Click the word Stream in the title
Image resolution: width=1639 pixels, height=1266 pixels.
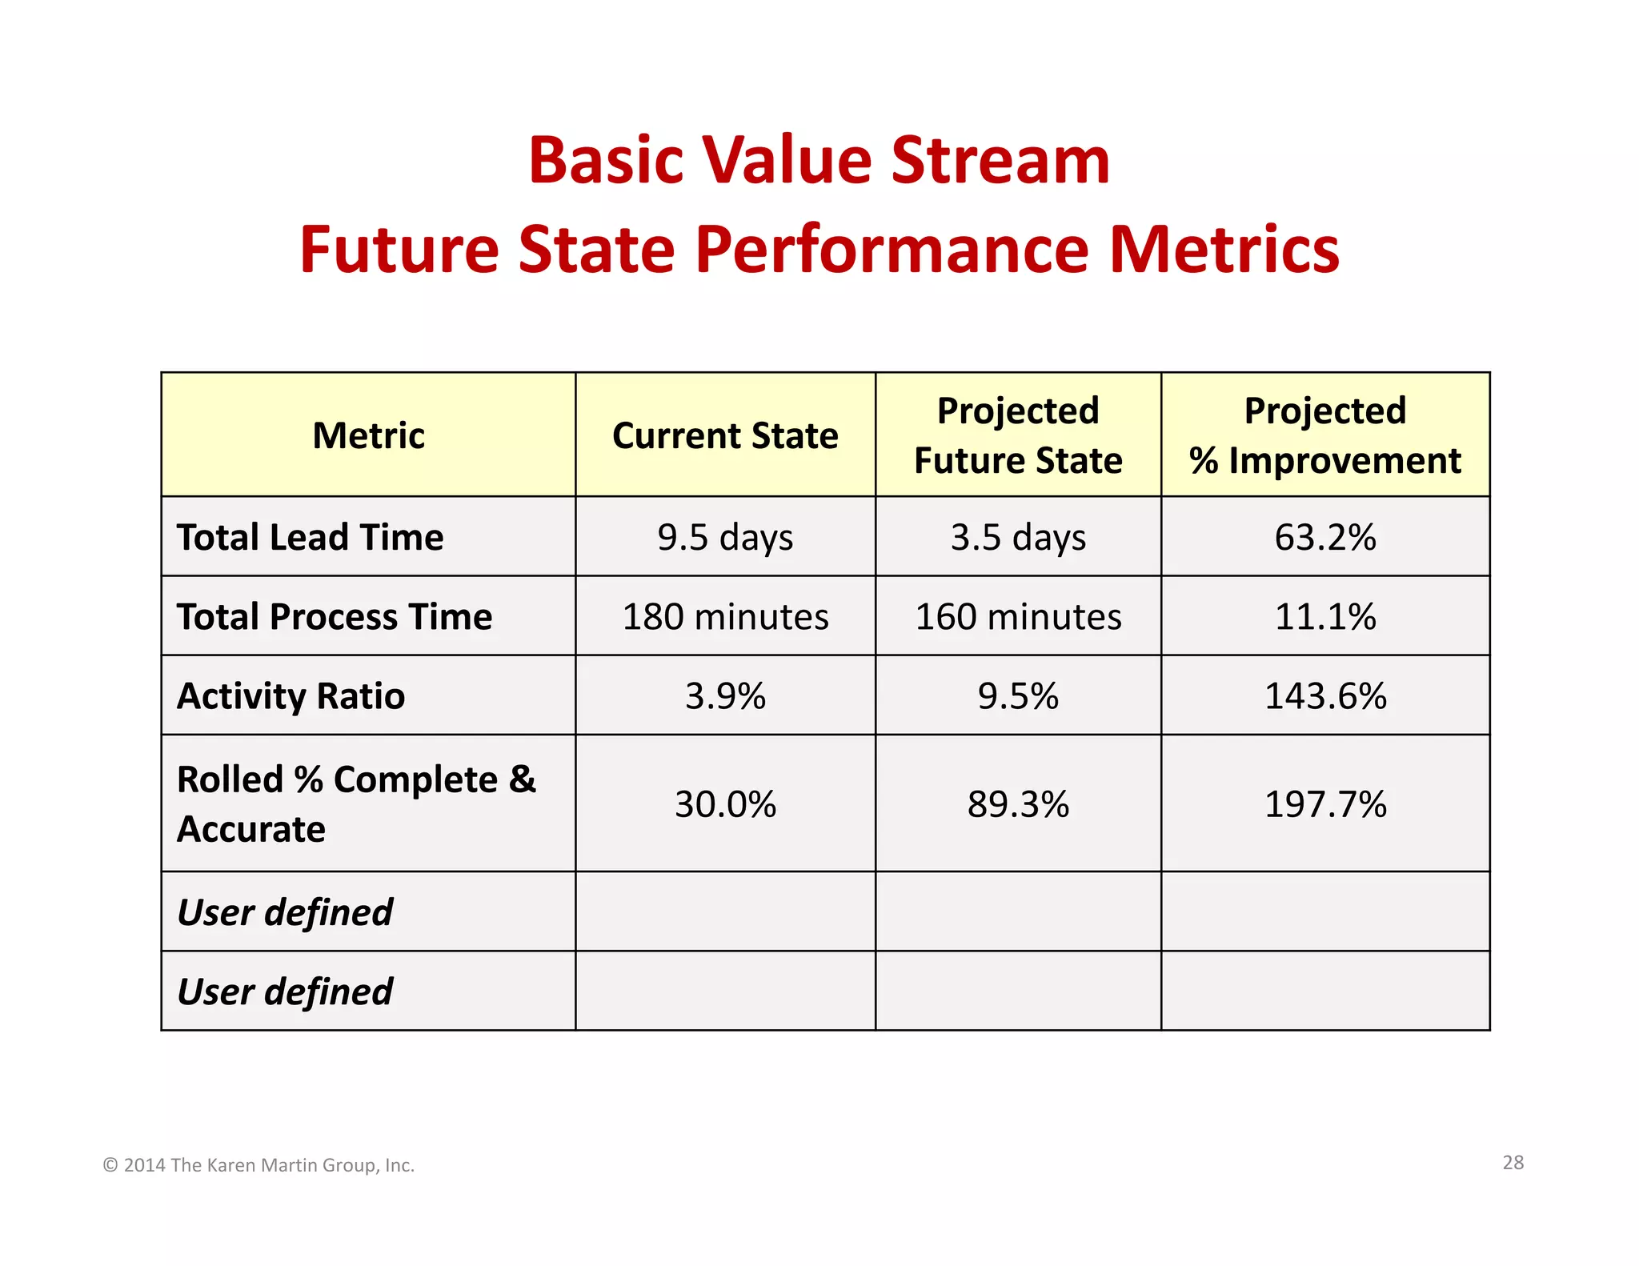(x=1000, y=160)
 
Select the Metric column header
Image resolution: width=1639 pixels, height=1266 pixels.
(x=368, y=435)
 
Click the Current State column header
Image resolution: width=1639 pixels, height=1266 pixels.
(x=725, y=435)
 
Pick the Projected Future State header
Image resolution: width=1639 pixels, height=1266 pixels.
(x=1018, y=435)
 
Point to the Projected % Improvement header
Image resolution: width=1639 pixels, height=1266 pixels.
(x=1325, y=435)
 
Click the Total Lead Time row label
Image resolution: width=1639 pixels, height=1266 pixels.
(x=311, y=537)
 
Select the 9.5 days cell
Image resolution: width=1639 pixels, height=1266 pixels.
(x=725, y=537)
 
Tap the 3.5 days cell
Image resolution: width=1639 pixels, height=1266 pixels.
(x=1018, y=537)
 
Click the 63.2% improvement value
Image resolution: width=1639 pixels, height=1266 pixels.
(x=1325, y=537)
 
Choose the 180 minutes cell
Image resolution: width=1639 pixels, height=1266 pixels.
(x=725, y=616)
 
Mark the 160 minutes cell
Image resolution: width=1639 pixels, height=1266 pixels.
(x=1018, y=616)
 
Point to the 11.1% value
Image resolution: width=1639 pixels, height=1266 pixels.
(x=1325, y=616)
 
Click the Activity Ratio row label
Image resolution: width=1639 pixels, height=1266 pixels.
(x=291, y=695)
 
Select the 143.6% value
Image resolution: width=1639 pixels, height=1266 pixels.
(x=1325, y=695)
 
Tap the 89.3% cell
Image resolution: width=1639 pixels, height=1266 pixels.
(x=1018, y=804)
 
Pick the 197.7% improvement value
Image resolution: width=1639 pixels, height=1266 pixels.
(x=1325, y=804)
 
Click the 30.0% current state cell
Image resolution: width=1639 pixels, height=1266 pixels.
(x=725, y=804)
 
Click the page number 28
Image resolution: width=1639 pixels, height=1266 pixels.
(x=1513, y=1162)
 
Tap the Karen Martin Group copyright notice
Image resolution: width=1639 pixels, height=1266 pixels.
(x=258, y=1165)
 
